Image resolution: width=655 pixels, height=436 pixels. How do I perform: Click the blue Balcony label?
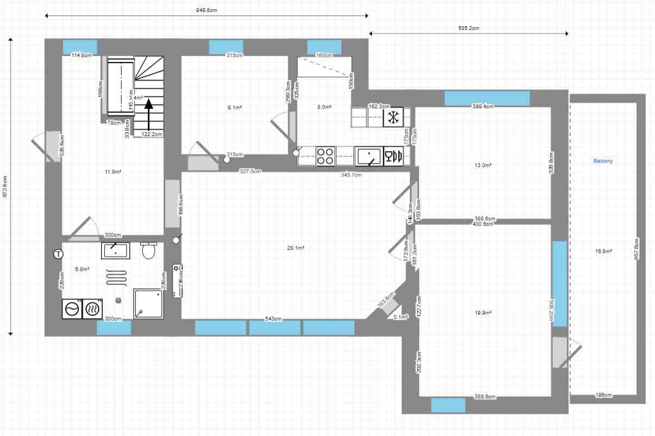pyautogui.click(x=603, y=161)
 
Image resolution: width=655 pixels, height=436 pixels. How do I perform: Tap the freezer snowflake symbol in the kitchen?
pyautogui.click(x=393, y=116)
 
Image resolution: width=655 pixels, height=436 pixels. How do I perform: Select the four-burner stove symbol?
pyautogui.click(x=326, y=157)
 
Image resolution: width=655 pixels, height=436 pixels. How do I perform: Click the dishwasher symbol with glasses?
pyautogui.click(x=393, y=157)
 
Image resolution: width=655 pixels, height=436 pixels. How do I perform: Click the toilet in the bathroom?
pyautogui.click(x=148, y=251)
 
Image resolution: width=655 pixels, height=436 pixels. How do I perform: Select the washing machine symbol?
pyautogui.click(x=72, y=309)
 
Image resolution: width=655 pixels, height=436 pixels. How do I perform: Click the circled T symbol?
pyautogui.click(x=58, y=253)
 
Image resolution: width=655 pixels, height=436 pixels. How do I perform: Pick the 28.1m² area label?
pyautogui.click(x=296, y=247)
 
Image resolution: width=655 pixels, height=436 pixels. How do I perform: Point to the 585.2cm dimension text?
pyautogui.click(x=469, y=27)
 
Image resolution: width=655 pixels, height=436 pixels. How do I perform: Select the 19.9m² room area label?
pyautogui.click(x=483, y=313)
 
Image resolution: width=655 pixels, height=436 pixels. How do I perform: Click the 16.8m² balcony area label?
pyautogui.click(x=603, y=251)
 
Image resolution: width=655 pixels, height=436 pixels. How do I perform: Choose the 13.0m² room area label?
pyautogui.click(x=483, y=165)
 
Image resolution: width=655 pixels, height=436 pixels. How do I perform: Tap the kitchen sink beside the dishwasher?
pyautogui.click(x=370, y=157)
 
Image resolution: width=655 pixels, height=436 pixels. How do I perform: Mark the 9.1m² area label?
pyautogui.click(x=234, y=108)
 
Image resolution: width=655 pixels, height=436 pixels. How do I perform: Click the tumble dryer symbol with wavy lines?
pyautogui.click(x=92, y=309)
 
